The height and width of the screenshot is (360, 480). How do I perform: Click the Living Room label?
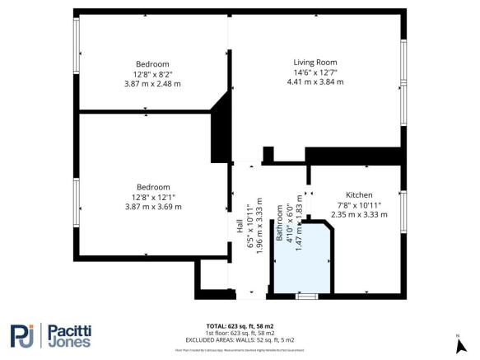(315, 62)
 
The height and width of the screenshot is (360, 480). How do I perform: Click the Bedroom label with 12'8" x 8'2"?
(152, 64)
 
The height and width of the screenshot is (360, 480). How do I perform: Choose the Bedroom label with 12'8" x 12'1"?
(152, 187)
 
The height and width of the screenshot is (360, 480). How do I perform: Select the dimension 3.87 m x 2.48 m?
(152, 84)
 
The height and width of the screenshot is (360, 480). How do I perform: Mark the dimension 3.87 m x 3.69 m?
(152, 207)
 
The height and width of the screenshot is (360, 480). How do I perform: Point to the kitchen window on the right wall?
(403, 209)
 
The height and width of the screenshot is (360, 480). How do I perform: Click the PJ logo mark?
(26, 335)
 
